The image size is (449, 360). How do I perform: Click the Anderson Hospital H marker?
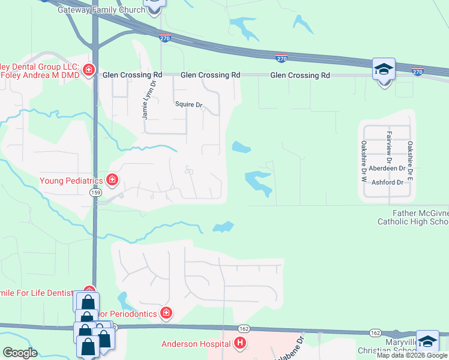pos(240,344)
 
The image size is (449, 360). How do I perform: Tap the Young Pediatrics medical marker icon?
pos(112,179)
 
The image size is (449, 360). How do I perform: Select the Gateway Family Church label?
pos(101,10)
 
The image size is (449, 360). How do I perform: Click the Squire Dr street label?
pos(189,104)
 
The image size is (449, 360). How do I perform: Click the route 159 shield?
pos(95,192)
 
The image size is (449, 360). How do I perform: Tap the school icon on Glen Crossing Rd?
pos(384,70)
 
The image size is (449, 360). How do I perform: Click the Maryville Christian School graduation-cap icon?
pos(427,341)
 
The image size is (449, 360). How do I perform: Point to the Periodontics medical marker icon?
pos(166,313)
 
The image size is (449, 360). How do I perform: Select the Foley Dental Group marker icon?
pos(89,70)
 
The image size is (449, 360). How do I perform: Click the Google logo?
pos(20,353)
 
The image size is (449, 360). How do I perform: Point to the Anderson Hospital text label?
pos(196,344)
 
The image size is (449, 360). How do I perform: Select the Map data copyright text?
pos(412,355)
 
